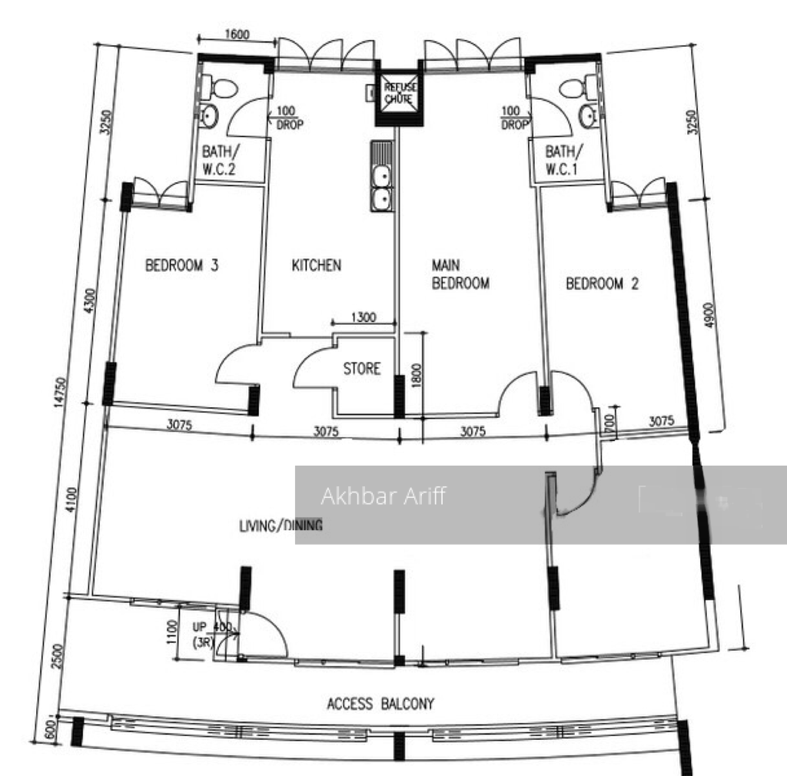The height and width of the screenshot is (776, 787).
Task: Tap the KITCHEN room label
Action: pos(316,266)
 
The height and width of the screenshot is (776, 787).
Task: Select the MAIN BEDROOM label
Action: pos(460,274)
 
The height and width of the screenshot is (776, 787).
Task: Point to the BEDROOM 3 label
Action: pos(182,266)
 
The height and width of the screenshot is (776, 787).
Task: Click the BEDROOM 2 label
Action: pos(602,284)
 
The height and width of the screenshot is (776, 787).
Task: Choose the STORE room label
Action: pos(361,369)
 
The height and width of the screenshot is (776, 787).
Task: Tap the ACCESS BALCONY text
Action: pos(380,703)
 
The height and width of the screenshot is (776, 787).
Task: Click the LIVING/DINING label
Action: pos(280,526)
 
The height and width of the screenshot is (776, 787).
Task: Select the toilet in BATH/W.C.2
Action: pos(222,88)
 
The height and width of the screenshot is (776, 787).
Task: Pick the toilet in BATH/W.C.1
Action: pos(571,88)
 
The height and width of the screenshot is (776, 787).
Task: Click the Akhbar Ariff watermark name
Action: pos(383,496)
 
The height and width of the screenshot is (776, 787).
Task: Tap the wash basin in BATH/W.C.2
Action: pos(208,117)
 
